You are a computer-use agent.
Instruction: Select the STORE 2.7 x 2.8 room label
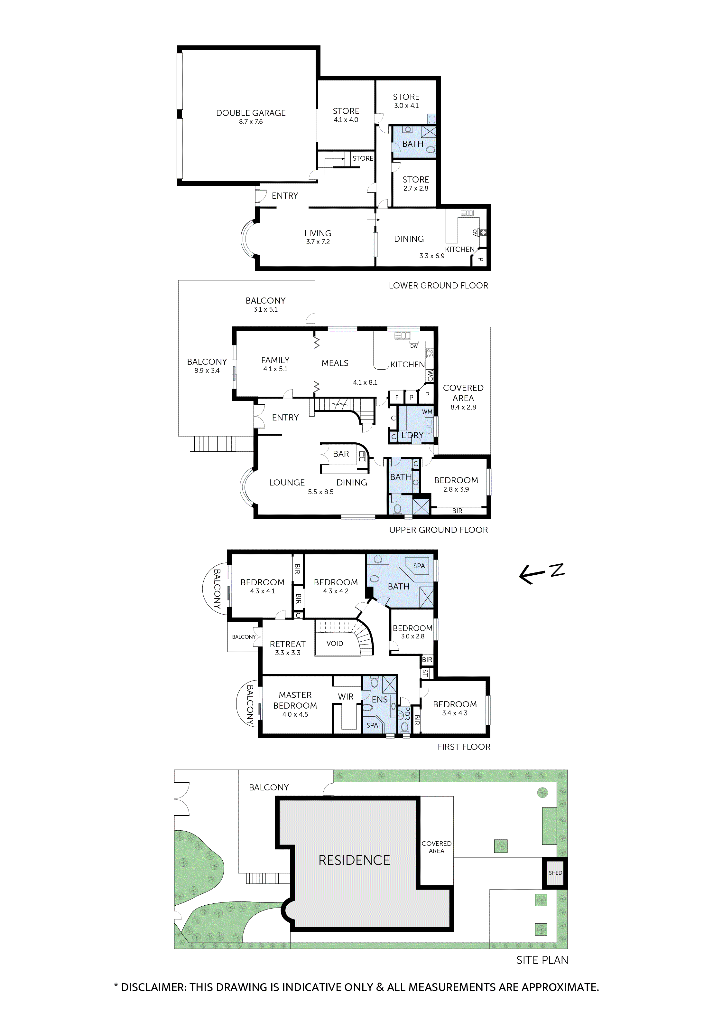click(416, 180)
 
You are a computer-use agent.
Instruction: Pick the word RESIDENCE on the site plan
click(354, 860)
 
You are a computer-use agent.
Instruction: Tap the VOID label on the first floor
click(334, 643)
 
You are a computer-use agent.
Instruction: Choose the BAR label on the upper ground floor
click(341, 454)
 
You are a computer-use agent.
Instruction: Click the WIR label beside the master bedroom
click(346, 696)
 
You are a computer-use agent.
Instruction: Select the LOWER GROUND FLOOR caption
click(438, 286)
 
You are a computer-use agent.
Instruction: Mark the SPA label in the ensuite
click(372, 725)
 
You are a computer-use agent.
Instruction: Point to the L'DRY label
click(412, 435)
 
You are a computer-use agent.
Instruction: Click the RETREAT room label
click(287, 644)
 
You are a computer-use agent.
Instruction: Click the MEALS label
click(335, 363)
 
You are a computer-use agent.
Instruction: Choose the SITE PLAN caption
click(542, 960)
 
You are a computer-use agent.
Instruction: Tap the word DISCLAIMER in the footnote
click(153, 987)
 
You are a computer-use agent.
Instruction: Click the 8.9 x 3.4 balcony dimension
click(207, 371)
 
